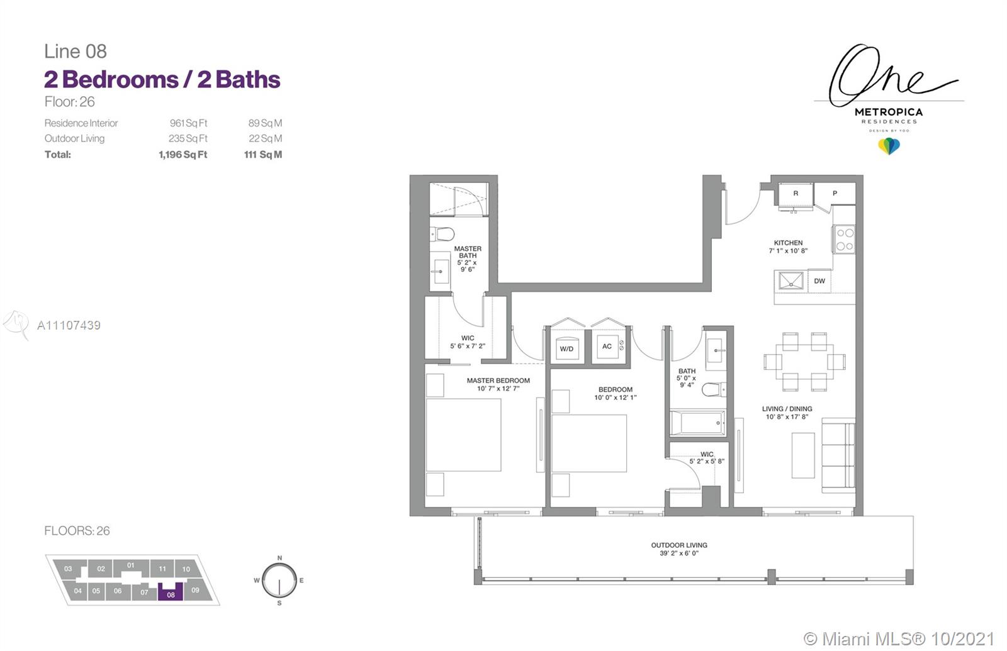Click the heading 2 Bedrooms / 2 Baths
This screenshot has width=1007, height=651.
click(162, 79)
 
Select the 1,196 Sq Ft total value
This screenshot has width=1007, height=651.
click(183, 155)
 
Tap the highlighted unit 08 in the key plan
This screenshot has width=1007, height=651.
click(171, 592)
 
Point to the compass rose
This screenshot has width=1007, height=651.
click(279, 581)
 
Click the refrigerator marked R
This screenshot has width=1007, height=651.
click(796, 194)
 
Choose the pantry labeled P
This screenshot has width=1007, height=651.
click(835, 194)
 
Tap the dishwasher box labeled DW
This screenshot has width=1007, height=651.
click(819, 281)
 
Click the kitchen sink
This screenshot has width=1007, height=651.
click(790, 281)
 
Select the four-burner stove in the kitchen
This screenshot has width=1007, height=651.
click(845, 240)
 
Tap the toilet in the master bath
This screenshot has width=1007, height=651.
click(442, 234)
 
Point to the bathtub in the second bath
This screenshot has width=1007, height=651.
click(697, 423)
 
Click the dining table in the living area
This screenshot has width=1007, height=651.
click(804, 362)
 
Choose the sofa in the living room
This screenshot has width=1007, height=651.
click(838, 455)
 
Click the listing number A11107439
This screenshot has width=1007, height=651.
click(69, 325)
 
